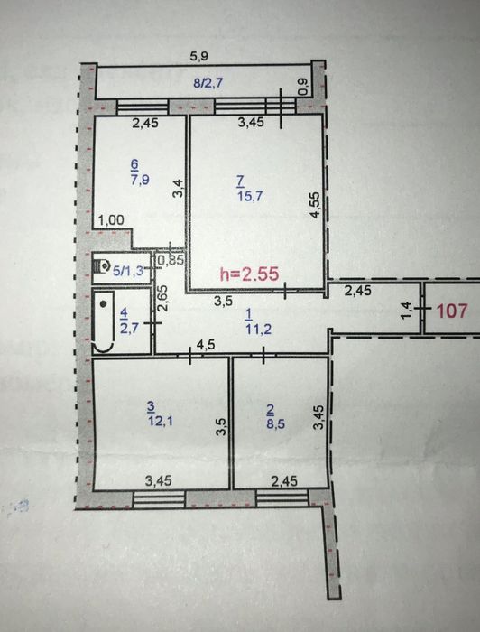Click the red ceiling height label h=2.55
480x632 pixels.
(249, 274)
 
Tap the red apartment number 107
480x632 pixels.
(453, 311)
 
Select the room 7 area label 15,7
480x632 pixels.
(250, 196)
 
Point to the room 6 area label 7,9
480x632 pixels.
(140, 180)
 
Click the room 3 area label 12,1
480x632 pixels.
(161, 422)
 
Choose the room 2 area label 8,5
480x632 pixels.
(275, 423)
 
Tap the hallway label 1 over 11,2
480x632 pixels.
(259, 321)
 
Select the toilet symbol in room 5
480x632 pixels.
(101, 266)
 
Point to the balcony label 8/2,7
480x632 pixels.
(208, 83)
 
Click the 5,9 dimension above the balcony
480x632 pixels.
(198, 56)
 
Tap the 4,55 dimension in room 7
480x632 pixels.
(315, 205)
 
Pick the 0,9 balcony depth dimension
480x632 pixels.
(304, 87)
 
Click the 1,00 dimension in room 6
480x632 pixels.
(111, 219)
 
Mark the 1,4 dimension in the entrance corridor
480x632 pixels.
(408, 311)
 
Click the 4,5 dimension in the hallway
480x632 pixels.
(206, 345)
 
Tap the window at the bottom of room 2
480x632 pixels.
(282, 499)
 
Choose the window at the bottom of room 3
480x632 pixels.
(159, 500)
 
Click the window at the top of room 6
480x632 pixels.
(143, 107)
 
